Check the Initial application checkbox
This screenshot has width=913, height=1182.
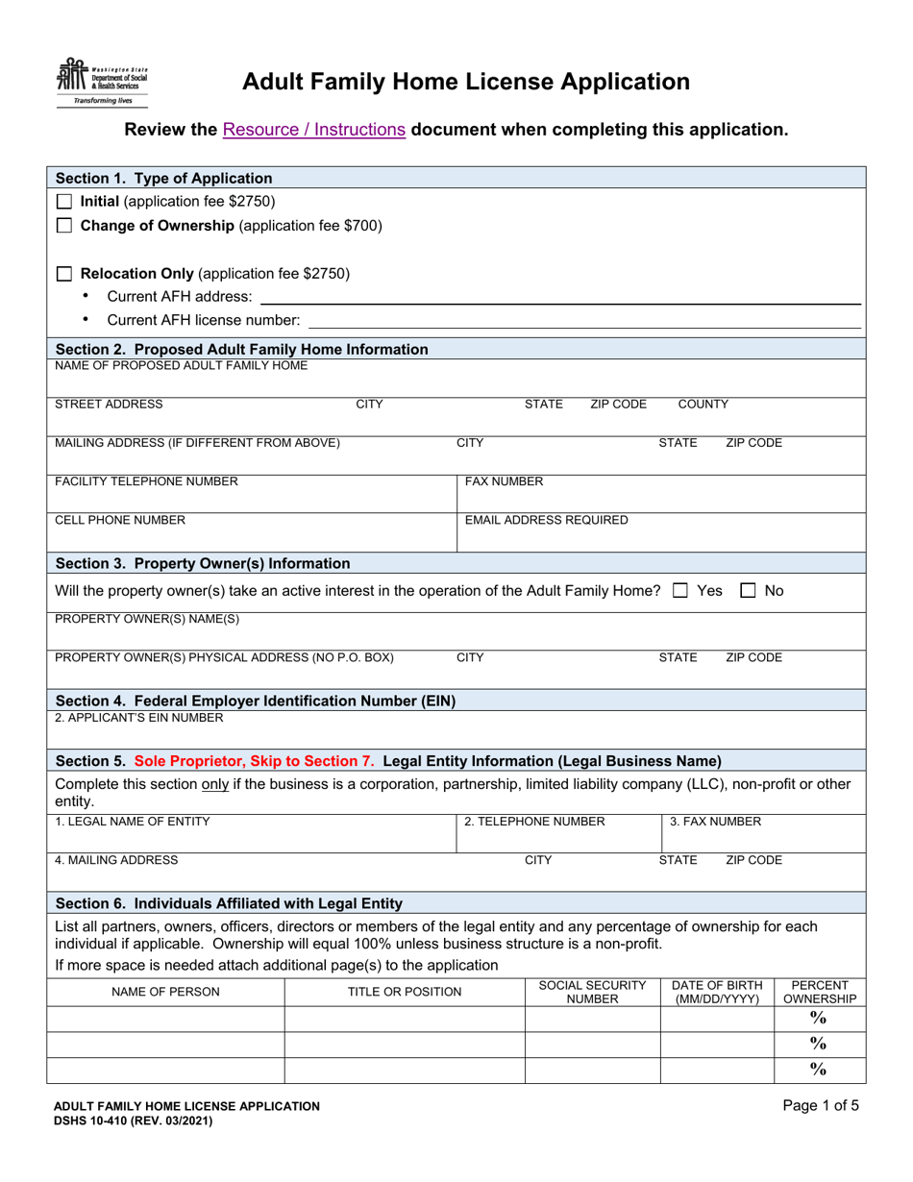point(64,202)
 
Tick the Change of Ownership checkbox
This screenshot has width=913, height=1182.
point(64,227)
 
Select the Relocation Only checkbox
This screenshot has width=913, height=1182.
point(64,273)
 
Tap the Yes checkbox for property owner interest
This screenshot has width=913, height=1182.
point(679,590)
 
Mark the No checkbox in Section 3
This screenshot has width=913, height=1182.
point(750,590)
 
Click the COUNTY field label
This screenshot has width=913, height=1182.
point(703,405)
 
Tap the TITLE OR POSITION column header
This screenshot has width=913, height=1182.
point(404,992)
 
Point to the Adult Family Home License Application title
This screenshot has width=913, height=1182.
point(465,82)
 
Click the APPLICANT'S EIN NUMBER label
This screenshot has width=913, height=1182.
point(139,717)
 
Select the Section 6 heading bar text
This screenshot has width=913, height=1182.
point(229,902)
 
